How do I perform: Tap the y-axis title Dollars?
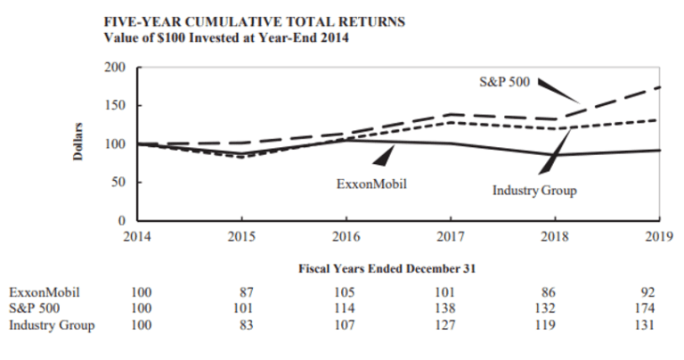point(78,143)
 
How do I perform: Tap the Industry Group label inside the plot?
point(534,191)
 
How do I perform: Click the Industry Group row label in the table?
point(52,324)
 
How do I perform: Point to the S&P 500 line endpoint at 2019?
point(659,87)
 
